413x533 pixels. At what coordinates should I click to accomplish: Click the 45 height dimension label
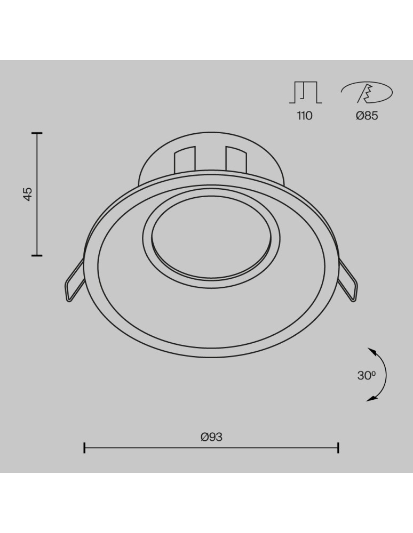(x=28, y=194)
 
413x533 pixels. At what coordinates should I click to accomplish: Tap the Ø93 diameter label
(x=212, y=437)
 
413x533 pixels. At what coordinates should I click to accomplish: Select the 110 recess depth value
(x=305, y=116)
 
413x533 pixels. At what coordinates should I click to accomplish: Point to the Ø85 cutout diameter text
(x=367, y=116)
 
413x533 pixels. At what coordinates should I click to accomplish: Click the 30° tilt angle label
(x=367, y=375)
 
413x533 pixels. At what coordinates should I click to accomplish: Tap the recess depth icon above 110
(x=306, y=92)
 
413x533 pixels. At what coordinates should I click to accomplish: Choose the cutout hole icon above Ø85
(x=367, y=92)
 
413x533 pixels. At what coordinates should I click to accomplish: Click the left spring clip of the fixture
(x=75, y=280)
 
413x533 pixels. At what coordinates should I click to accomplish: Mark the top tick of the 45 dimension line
(x=37, y=134)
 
